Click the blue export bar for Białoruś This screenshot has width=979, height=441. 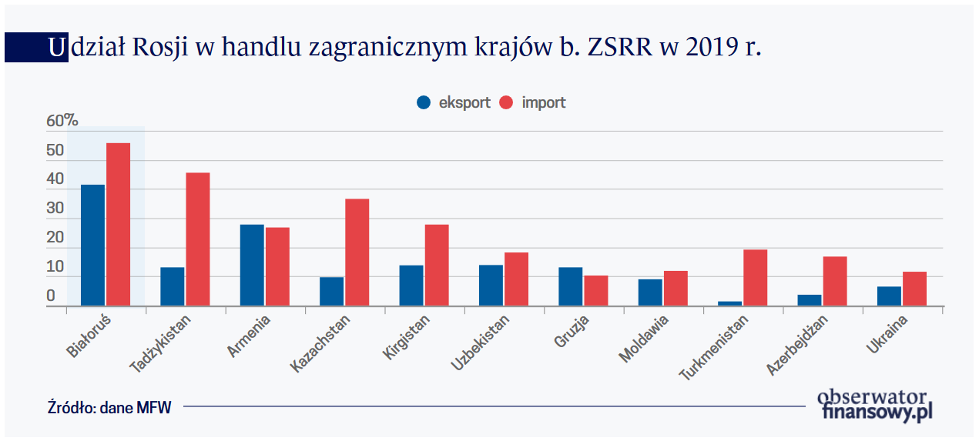[92, 245]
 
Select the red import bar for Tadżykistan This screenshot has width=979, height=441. [198, 239]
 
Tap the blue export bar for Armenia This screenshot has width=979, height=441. [252, 265]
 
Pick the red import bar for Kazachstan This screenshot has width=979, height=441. [357, 252]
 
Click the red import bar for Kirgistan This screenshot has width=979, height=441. [437, 265]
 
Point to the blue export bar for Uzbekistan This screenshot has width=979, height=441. [491, 285]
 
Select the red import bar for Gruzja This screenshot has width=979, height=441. [595, 290]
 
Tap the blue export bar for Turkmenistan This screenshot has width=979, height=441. [729, 303]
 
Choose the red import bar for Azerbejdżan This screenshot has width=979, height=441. [834, 281]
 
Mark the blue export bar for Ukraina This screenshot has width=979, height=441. [888, 296]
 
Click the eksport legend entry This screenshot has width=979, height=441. [454, 102]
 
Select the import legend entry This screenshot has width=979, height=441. [534, 102]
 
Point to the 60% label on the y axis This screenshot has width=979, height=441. [62, 121]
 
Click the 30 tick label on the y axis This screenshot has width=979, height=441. [55, 209]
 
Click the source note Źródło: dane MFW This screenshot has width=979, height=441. [109, 407]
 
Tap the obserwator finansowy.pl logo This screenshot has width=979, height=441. [875, 405]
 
